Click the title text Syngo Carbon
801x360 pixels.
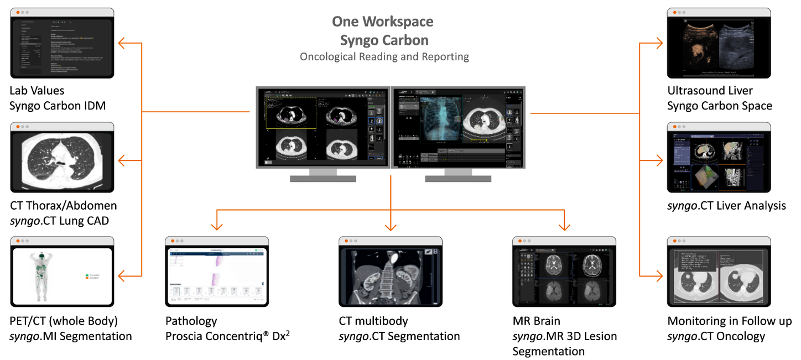click(x=384, y=40)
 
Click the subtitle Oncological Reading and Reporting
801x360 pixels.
click(x=384, y=56)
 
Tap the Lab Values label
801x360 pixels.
click(x=37, y=90)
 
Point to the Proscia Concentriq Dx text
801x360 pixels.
click(x=227, y=336)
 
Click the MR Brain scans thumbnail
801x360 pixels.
click(x=564, y=276)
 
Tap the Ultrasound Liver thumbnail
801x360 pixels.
click(x=719, y=46)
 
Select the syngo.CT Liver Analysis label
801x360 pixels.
click(x=726, y=206)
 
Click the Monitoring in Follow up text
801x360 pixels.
click(x=729, y=321)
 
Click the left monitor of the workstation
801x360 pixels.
click(x=323, y=127)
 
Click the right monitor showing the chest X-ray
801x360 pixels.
click(x=458, y=127)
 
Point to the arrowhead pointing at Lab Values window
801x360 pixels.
click(x=122, y=43)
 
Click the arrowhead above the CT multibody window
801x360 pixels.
click(x=391, y=227)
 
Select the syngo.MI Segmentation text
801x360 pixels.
click(x=71, y=336)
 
